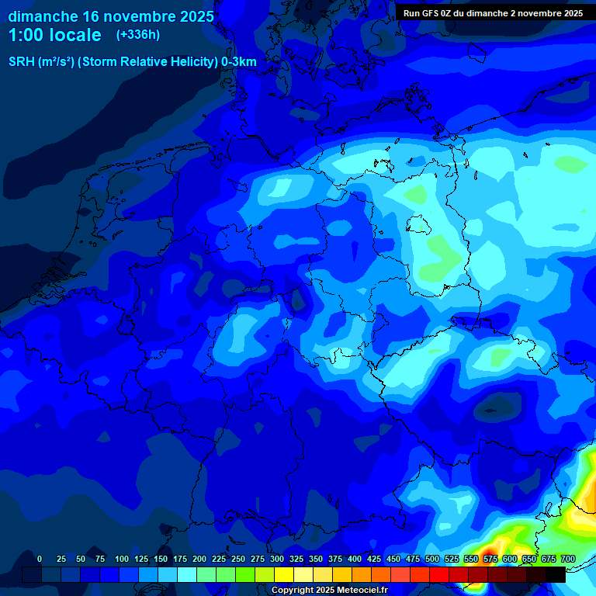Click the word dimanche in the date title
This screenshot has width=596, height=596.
(43, 16)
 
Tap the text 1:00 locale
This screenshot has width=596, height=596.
(54, 35)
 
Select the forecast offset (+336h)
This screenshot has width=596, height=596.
(138, 35)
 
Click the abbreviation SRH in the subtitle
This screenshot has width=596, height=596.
(22, 62)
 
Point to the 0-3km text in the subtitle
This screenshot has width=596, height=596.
(238, 62)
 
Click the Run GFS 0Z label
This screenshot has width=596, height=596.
(434, 13)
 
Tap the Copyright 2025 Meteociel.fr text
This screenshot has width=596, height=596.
(329, 590)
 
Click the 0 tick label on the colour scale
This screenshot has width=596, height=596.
(40, 559)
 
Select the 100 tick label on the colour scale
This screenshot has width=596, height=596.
(122, 559)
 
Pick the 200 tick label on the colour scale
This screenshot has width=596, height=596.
(199, 559)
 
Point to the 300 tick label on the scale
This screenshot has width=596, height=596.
(277, 559)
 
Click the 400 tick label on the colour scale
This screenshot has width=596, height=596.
(355, 559)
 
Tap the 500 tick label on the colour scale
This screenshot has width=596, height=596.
(432, 559)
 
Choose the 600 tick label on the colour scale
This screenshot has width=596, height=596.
(510, 559)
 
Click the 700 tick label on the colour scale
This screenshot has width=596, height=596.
(568, 559)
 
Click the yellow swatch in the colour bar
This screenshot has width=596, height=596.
(284, 574)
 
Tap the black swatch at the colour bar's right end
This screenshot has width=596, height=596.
(556, 574)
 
